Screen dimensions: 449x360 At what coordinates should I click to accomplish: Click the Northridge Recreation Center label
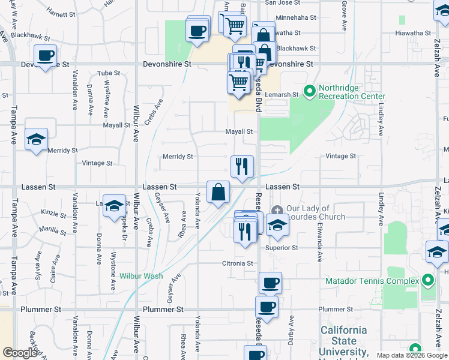click(352, 92)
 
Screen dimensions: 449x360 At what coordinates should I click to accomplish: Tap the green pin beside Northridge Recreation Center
click(310, 92)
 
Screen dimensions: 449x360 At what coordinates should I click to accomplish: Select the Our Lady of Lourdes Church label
click(316, 213)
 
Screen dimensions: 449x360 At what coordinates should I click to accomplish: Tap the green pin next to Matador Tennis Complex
click(427, 280)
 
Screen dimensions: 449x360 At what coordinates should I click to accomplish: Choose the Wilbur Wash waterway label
click(141, 276)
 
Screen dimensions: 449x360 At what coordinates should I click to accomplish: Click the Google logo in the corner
click(20, 353)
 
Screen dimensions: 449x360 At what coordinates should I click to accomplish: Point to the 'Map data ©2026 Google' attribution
click(411, 355)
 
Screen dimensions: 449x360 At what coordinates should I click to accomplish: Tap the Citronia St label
click(237, 263)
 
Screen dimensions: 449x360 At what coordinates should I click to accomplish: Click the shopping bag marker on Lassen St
click(218, 193)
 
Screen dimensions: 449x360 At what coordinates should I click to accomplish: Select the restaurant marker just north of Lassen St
click(242, 166)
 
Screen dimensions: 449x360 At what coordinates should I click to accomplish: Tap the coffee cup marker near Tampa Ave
click(45, 56)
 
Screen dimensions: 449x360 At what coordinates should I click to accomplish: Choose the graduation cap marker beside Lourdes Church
click(277, 226)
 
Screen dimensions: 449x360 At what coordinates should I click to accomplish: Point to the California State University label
click(343, 341)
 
